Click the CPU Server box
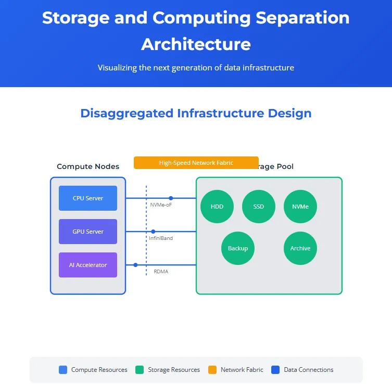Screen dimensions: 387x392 88,198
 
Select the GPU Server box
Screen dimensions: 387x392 88,232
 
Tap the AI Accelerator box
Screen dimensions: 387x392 88,265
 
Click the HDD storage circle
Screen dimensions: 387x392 217,207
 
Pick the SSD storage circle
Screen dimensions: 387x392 259,207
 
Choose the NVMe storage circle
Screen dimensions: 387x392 300,207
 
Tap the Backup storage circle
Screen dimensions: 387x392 238,248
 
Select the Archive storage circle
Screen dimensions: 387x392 300,248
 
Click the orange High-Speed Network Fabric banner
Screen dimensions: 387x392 196,163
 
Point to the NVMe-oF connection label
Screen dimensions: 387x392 160,205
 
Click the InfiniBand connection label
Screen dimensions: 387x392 161,238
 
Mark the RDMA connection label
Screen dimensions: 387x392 161,272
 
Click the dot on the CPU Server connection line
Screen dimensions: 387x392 171,198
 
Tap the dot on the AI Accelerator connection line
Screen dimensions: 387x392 135,265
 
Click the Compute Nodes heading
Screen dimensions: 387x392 88,167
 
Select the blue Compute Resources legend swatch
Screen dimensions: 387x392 64,370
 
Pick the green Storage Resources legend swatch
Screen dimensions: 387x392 140,370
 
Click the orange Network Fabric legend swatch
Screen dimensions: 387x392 212,370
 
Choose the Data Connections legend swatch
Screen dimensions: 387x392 276,370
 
